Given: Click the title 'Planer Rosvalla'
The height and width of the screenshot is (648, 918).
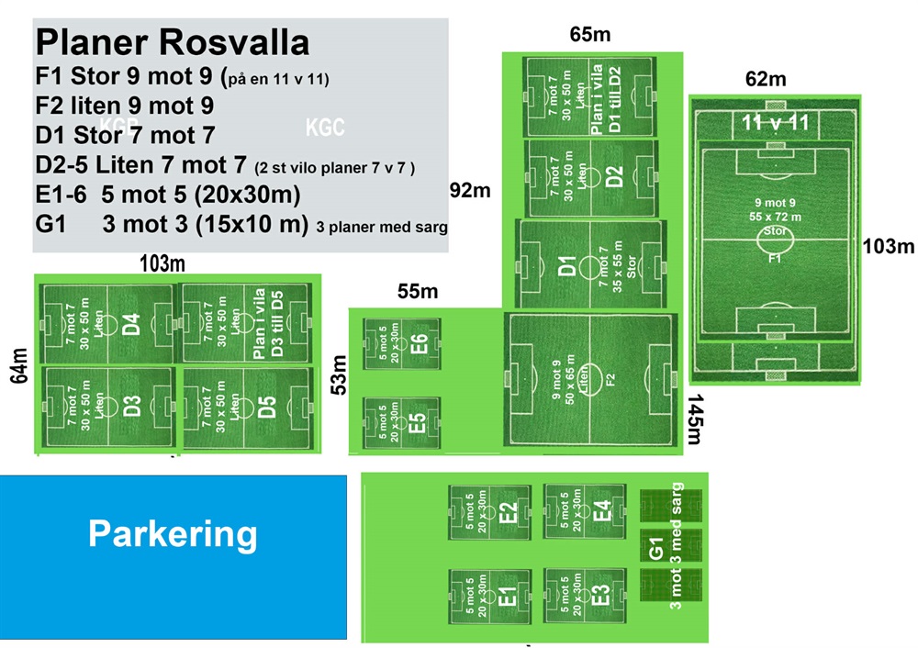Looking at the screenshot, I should tap(173, 43).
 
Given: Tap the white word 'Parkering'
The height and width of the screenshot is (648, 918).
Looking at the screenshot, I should tap(173, 533).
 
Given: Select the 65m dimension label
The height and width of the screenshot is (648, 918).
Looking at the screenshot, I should tap(590, 36).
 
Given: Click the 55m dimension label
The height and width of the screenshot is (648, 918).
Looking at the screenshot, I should tap(418, 292).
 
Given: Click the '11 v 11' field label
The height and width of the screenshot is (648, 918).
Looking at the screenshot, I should tap(775, 121).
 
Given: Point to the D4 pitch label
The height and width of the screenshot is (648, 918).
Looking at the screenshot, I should tap(130, 324).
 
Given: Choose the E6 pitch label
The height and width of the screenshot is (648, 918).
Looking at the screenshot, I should tap(420, 344).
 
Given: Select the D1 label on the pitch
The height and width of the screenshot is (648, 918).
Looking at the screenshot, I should tap(567, 266).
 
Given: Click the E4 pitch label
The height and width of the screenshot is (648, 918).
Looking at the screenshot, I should tap(602, 510).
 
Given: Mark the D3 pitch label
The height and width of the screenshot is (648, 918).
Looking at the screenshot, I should tap(130, 407).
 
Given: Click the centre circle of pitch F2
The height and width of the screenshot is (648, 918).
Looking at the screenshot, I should tap(590, 375).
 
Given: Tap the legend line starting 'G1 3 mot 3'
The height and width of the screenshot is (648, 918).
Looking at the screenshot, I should tap(241, 225).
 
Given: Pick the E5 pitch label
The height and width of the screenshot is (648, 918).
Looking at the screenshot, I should tap(418, 423).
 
